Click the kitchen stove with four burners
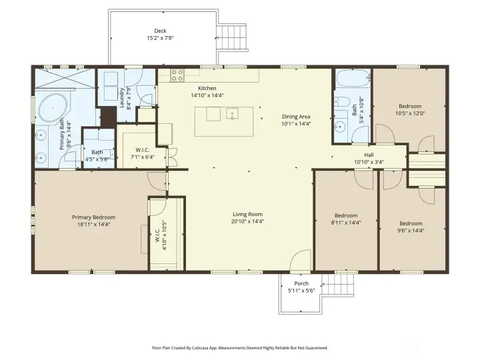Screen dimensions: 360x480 177,75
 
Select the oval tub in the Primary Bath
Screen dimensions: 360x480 53,107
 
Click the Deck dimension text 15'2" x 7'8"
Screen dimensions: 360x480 160,38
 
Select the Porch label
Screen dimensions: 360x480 301,283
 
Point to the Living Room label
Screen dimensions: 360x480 248,214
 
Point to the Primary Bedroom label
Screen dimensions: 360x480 94,217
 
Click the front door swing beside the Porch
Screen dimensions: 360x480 301,261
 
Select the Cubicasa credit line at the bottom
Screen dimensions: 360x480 240,347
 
